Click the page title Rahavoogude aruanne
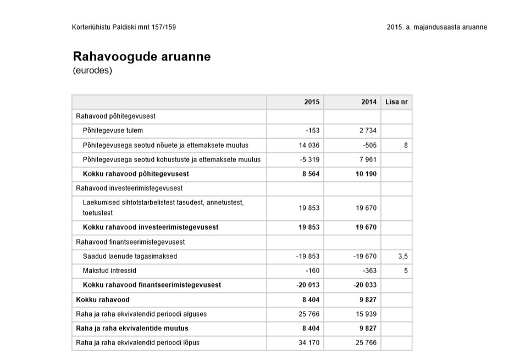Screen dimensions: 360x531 141,57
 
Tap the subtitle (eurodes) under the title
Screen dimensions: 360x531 92,71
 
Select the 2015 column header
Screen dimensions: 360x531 312,102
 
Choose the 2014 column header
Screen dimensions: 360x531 369,102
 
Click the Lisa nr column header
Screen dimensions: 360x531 396,102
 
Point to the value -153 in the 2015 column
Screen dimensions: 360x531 312,131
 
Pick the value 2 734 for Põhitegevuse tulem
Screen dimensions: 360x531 367,131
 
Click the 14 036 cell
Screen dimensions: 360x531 309,145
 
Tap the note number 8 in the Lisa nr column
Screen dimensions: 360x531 406,145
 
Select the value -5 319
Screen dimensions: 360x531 310,159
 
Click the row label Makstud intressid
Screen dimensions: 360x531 109,270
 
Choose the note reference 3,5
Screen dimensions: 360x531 403,256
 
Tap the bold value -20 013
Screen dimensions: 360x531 308,285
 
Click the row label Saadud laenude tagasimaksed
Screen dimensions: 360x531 130,256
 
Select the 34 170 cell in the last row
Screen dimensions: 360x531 309,342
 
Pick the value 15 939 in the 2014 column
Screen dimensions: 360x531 366,314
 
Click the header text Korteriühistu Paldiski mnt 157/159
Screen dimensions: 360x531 124,27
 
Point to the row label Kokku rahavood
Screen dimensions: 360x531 103,300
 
